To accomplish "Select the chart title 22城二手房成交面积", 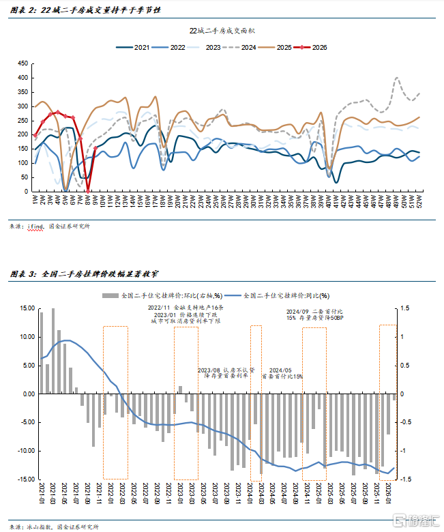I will tap(222, 31).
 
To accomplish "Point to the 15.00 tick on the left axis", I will tap(25, 308).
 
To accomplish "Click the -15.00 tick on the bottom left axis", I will tap(24, 479).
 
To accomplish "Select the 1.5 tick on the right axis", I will tap(406, 308).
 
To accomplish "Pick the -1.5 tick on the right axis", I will tap(406, 479).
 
